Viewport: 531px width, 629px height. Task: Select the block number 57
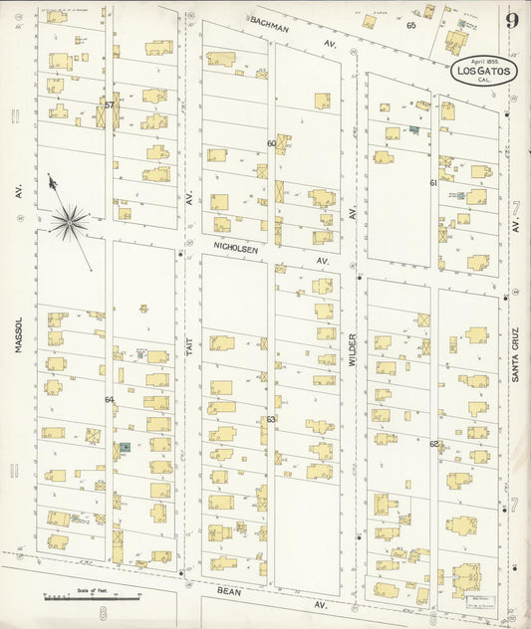click(x=110, y=105)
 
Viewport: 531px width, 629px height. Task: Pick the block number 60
click(x=271, y=143)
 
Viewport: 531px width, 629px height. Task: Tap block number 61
click(x=433, y=183)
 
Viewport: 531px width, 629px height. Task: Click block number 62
click(x=433, y=443)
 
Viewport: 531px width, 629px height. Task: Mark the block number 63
click(x=270, y=419)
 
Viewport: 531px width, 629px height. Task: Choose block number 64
click(x=110, y=399)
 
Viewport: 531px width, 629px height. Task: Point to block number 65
click(x=409, y=25)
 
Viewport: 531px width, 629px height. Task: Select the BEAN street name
click(x=229, y=590)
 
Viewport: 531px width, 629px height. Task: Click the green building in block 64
click(x=126, y=448)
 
